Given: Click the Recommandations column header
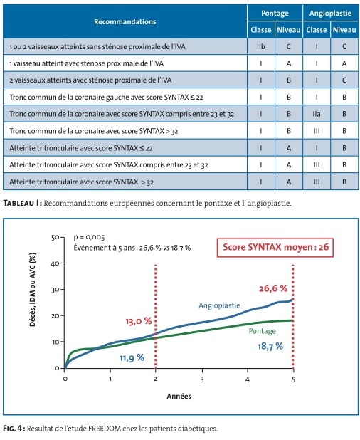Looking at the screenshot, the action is coord(125,21).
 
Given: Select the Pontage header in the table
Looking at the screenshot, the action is coord(275,14).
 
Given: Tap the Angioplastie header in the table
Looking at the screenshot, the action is coord(330,14).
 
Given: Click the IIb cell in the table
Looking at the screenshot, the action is coord(260,46).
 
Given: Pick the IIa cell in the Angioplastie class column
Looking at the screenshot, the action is coord(317,114).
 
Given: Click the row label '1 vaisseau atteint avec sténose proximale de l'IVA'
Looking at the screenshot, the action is coord(86,63).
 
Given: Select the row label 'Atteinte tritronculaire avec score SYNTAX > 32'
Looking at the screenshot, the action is coord(81,182).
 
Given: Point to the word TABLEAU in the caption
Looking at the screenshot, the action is coord(18,203).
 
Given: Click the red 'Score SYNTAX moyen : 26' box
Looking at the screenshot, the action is coord(275,247).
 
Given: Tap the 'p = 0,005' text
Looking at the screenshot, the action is coord(89,237).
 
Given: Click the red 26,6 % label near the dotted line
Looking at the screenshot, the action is coord(273,288).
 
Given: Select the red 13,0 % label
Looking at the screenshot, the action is coord(139,321).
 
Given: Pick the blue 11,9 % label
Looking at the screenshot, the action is coord(132,358).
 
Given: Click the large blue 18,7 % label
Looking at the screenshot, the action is coord(270,346).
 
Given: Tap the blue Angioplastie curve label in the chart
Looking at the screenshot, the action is coord(219,305).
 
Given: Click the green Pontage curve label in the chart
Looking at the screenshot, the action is coord(262,331).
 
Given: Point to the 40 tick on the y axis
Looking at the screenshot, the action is coord(54,263).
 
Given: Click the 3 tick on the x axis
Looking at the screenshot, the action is coord(202,379).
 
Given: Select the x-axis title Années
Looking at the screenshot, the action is coord(179,396).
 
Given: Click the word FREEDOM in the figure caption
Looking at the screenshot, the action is coord(105,429).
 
